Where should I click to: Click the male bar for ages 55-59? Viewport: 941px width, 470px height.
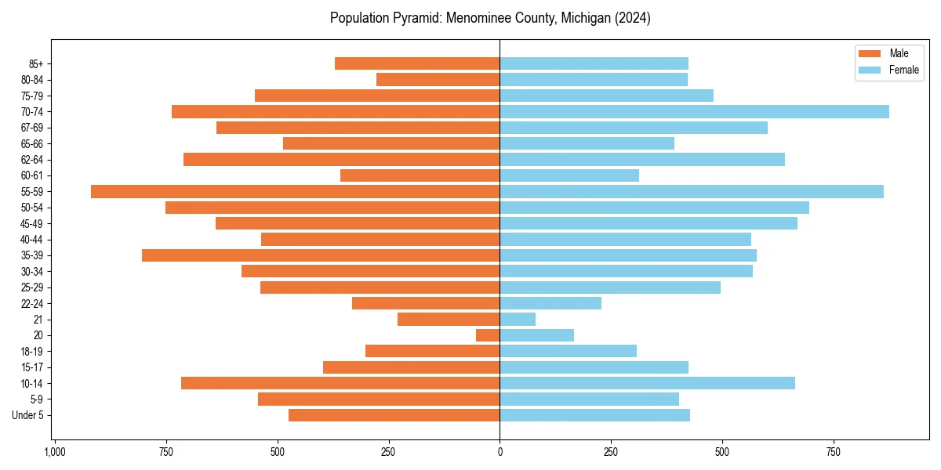click(x=296, y=191)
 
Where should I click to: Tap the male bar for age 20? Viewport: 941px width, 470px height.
click(x=488, y=335)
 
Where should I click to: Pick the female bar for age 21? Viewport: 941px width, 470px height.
click(x=518, y=320)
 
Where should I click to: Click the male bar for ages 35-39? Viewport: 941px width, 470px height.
click(x=321, y=255)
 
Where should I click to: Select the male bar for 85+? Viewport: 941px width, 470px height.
click(x=417, y=63)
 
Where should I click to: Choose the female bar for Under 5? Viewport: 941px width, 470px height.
click(x=594, y=415)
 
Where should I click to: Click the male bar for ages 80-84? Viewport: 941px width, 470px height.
click(x=438, y=79)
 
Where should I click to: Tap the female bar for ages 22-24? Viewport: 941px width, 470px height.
click(x=550, y=303)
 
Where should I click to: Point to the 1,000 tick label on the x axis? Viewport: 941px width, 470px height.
click(x=55, y=453)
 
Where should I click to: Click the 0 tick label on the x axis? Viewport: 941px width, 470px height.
click(x=500, y=453)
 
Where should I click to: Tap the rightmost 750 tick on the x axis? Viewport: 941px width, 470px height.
click(x=834, y=453)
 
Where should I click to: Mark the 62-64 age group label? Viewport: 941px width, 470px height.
click(x=31, y=160)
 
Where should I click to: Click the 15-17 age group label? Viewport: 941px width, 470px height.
click(x=31, y=367)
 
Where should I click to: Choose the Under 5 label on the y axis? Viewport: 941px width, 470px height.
click(x=27, y=415)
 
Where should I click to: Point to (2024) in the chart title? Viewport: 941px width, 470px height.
click(x=633, y=18)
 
